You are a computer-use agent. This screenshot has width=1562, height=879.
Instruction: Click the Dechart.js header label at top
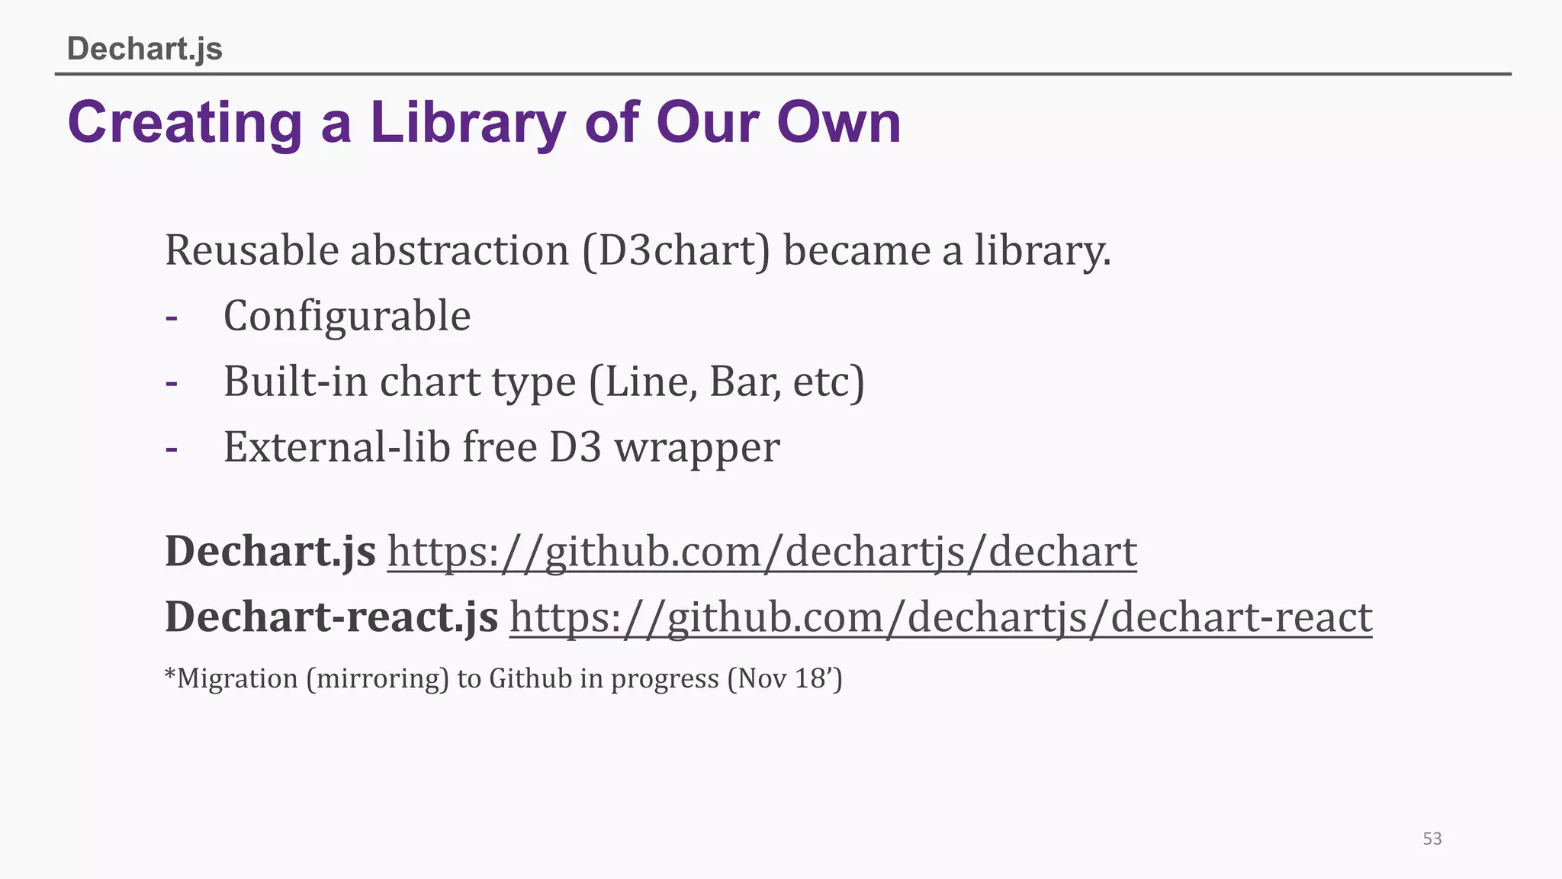(145, 49)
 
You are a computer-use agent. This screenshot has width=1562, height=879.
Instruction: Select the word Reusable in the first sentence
(252, 250)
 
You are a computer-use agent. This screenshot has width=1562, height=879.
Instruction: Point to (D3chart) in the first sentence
(677, 250)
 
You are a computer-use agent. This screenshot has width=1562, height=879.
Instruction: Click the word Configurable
(347, 316)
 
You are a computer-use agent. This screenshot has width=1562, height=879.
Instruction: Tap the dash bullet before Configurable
(172, 316)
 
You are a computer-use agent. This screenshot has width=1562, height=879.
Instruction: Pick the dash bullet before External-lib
(172, 447)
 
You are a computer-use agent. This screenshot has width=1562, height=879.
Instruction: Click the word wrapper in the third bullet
(697, 447)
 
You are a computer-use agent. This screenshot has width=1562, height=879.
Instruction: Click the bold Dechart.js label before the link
(270, 551)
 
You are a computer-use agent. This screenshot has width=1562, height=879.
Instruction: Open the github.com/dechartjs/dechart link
(762, 551)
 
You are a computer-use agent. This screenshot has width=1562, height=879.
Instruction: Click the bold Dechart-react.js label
(331, 617)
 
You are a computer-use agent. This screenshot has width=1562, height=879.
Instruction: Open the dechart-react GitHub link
(940, 617)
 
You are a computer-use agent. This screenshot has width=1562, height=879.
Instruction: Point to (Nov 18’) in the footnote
(785, 678)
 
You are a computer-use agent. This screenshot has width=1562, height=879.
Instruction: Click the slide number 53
(1432, 839)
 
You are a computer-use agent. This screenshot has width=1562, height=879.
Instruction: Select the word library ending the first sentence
(1042, 250)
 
